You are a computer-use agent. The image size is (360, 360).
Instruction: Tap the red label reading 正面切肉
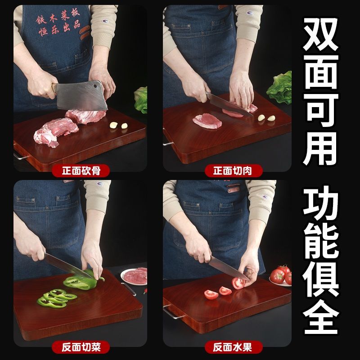pos(231,171)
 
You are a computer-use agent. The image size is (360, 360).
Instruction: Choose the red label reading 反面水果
pos(231,347)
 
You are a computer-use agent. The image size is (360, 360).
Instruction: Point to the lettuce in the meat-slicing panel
pos(280,86)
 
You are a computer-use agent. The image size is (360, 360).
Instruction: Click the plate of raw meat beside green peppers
pos(135,275)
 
